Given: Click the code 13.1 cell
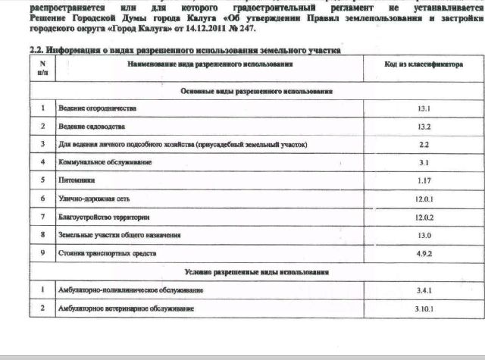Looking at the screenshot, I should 424,108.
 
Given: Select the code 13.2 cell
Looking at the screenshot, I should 424,127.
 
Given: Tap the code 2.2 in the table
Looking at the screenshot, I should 424,144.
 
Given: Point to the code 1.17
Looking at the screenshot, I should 424,180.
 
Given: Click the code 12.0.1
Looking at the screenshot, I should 424,199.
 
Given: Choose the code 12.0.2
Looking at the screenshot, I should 424,218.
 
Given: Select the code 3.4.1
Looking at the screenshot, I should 424,290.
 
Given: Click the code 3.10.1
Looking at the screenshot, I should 424,309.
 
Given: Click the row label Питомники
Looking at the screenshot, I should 75,181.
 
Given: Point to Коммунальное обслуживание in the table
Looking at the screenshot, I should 105,163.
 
